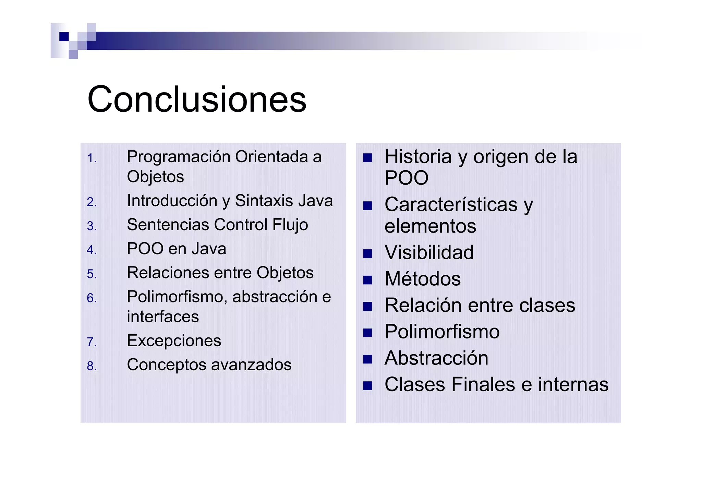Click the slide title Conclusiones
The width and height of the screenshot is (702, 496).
coord(197,99)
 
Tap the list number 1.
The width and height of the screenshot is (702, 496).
coord(92,158)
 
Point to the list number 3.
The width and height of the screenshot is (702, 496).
coord(92,226)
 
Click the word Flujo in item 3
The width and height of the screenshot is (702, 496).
coord(290,225)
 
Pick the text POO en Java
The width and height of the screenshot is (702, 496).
coord(177,249)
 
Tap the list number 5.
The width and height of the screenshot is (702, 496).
coord(92,274)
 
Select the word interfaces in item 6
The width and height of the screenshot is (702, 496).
coord(163,317)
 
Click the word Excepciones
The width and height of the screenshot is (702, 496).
coord(174,341)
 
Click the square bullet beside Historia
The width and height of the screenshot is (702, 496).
coord(367,158)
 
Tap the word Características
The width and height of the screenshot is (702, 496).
coord(451,205)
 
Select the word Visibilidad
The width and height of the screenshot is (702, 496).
coord(429,252)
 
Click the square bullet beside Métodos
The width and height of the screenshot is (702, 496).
coord(367,280)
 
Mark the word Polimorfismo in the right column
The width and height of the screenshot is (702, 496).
coord(442,332)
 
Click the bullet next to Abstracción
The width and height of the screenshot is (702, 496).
coord(367,359)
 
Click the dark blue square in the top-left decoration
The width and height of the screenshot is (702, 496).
coord(64,36)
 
